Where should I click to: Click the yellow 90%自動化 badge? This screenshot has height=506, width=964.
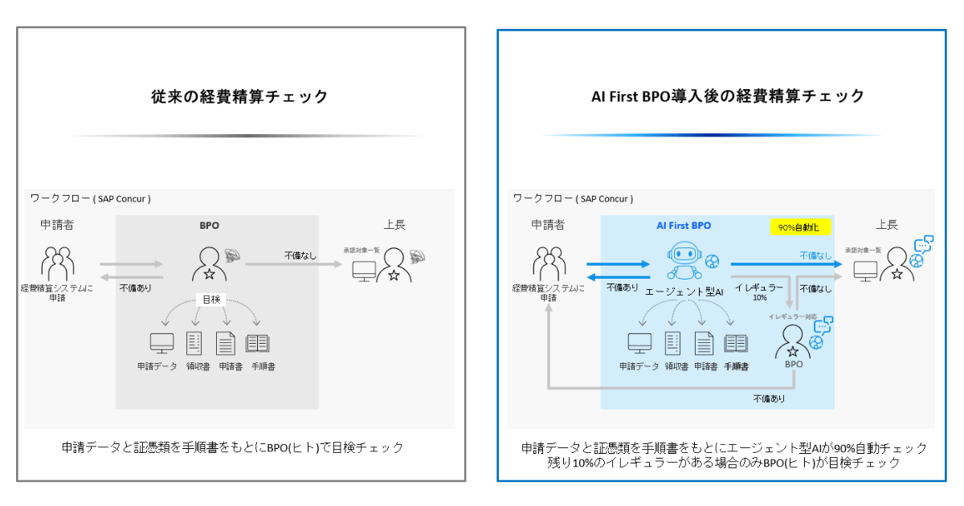click(800, 227)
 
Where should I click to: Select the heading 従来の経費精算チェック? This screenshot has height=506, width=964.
click(240, 96)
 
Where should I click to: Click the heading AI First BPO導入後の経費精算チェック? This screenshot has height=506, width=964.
click(728, 96)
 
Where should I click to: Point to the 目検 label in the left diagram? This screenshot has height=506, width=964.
click(208, 299)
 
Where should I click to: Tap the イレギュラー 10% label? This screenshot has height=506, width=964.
click(759, 292)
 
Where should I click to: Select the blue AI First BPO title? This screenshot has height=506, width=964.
click(679, 226)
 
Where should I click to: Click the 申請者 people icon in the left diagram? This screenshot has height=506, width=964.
click(57, 263)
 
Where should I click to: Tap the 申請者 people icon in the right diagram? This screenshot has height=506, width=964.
click(548, 263)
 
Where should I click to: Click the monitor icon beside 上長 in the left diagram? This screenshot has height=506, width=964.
click(364, 271)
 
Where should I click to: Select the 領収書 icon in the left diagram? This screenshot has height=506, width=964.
click(194, 343)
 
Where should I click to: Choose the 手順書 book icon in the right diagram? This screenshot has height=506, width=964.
click(736, 343)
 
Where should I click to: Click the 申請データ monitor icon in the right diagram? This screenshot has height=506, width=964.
click(639, 343)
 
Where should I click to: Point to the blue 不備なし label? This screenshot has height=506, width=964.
click(815, 255)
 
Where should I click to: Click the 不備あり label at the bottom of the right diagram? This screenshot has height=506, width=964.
click(769, 398)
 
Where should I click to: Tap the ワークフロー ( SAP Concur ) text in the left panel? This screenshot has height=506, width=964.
click(90, 198)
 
